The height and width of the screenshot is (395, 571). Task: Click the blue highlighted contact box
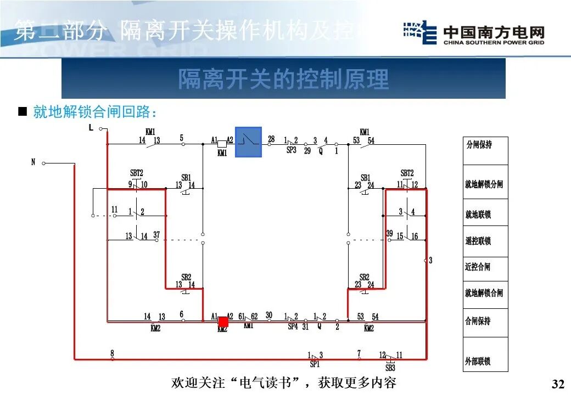(x=249, y=142)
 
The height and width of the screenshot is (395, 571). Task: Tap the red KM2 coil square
(x=223, y=321)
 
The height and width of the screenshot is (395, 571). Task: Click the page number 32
(x=557, y=383)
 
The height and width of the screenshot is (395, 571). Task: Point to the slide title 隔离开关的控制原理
(x=283, y=79)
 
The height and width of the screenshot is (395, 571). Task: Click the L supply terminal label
(x=91, y=128)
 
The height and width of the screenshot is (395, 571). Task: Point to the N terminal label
(x=33, y=162)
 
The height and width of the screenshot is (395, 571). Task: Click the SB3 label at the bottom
(x=390, y=368)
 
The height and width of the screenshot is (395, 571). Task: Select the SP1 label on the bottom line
(x=315, y=364)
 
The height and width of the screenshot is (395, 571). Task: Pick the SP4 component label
(x=293, y=328)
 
